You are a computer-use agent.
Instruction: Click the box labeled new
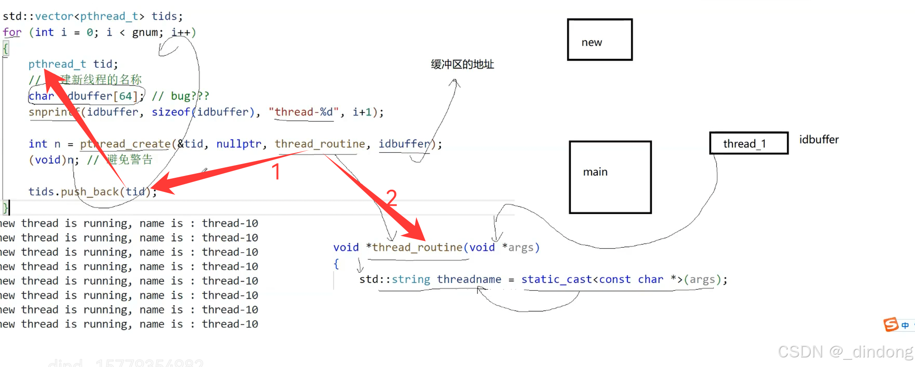tap(600, 40)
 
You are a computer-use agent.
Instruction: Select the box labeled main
tap(610, 177)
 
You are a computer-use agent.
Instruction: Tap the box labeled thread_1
tap(749, 144)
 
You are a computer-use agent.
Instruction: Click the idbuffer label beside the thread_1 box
tap(819, 140)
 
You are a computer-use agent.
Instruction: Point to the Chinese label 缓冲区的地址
tap(462, 64)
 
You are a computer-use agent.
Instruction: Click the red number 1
tap(276, 172)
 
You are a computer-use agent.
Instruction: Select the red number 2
tap(391, 198)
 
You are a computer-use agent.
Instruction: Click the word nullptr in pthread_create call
tap(239, 144)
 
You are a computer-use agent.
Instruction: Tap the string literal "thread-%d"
tap(304, 112)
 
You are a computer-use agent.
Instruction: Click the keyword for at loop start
tap(12, 32)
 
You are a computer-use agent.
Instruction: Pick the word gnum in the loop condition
tap(146, 32)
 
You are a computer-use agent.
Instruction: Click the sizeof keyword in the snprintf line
tap(171, 112)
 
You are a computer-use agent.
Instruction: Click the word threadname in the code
tap(469, 279)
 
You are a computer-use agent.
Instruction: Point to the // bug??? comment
tap(180, 96)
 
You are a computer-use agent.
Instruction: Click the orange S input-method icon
tap(891, 324)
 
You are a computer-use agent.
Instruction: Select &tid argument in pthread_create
tap(190, 144)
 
